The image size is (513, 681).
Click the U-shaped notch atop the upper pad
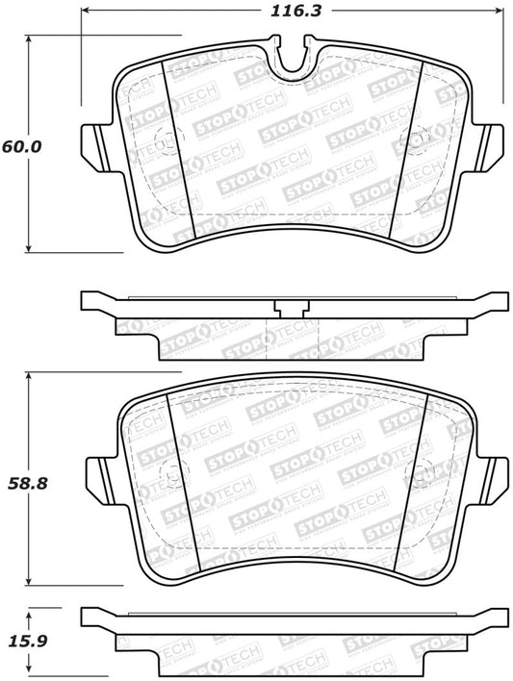289,57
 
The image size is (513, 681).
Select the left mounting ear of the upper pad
94,144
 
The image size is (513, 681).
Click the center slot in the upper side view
290,309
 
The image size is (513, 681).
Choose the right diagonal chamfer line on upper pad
405,154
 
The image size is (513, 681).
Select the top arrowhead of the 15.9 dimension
30,612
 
